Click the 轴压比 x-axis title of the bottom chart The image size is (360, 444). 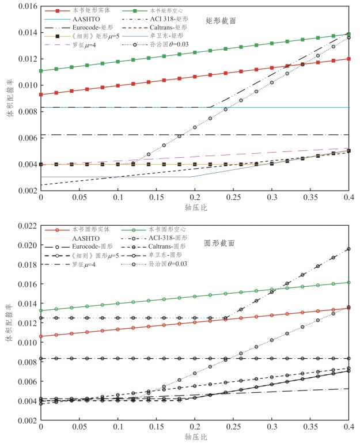click(195, 438)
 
